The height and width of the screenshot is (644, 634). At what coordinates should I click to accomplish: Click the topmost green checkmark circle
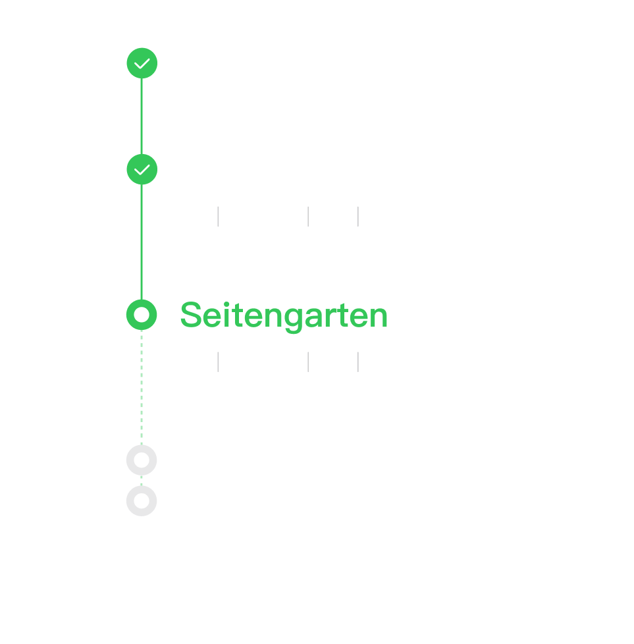pyautogui.click(x=142, y=63)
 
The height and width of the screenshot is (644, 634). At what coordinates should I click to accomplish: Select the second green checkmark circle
pyautogui.click(x=142, y=169)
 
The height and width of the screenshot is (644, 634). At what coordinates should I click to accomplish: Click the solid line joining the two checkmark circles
pyautogui.click(x=142, y=117)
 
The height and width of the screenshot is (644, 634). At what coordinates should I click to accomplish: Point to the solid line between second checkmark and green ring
pyautogui.click(x=142, y=242)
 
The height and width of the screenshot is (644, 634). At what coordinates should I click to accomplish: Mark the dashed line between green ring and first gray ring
pyautogui.click(x=142, y=388)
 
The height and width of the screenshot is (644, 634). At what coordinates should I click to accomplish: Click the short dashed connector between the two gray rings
pyautogui.click(x=142, y=481)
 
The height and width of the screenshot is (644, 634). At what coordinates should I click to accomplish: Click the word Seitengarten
pyautogui.click(x=284, y=316)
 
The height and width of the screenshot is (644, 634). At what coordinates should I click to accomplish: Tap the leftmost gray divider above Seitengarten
pyautogui.click(x=218, y=217)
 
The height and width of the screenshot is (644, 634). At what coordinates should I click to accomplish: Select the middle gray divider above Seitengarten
pyautogui.click(x=308, y=217)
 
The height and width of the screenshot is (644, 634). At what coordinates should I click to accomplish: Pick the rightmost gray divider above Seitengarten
pyautogui.click(x=358, y=217)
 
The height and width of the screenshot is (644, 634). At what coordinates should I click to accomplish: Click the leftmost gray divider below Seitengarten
pyautogui.click(x=218, y=362)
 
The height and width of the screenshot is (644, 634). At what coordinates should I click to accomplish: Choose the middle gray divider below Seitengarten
pyautogui.click(x=308, y=362)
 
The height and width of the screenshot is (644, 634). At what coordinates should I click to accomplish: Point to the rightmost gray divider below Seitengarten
pyautogui.click(x=358, y=362)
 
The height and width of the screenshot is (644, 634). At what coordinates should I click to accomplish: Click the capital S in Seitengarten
pyautogui.click(x=191, y=315)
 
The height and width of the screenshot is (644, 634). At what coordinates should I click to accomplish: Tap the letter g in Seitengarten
pyautogui.click(x=294, y=319)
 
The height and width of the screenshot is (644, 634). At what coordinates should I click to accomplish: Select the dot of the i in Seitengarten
pyautogui.click(x=226, y=304)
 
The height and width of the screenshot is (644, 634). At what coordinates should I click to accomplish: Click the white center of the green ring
pyautogui.click(x=142, y=315)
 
